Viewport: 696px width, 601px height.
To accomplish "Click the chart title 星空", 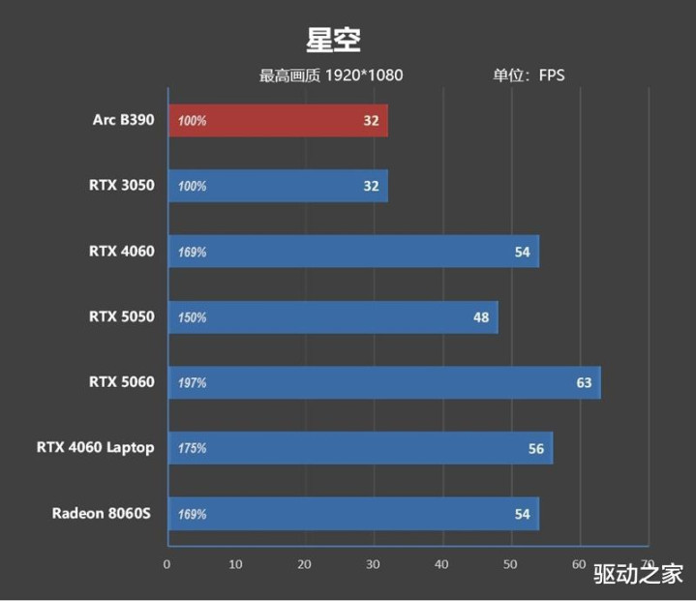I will coord(334,40).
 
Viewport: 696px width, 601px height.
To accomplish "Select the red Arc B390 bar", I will coord(278,121).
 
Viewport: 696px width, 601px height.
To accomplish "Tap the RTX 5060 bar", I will coord(384,382).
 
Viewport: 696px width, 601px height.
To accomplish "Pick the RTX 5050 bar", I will coord(333,317).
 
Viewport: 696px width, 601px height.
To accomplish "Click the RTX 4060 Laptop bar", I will coord(360,448).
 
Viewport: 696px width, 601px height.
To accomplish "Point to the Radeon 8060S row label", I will coord(103,513).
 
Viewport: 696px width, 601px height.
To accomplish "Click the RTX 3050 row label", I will coord(122,186).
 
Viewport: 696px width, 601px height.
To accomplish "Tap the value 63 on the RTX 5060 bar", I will coord(584,383).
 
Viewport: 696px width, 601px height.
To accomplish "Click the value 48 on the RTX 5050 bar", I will coord(481,317).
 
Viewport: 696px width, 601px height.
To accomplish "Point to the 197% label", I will coord(193,383).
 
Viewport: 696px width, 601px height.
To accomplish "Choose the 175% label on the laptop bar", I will coord(193,449).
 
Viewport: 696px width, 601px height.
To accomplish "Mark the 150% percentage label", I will coord(193,317).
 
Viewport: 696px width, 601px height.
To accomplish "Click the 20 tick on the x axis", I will coord(305,564).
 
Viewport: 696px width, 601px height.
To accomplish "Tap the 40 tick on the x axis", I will coord(442,564).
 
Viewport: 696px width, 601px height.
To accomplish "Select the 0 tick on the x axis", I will coord(167,564).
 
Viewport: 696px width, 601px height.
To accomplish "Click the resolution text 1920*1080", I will coord(365,75).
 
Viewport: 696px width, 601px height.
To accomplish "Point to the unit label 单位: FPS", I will coord(529,75).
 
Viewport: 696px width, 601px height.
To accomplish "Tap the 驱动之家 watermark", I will coord(639,574).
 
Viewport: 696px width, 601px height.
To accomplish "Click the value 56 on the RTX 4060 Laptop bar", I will coord(536,449).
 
